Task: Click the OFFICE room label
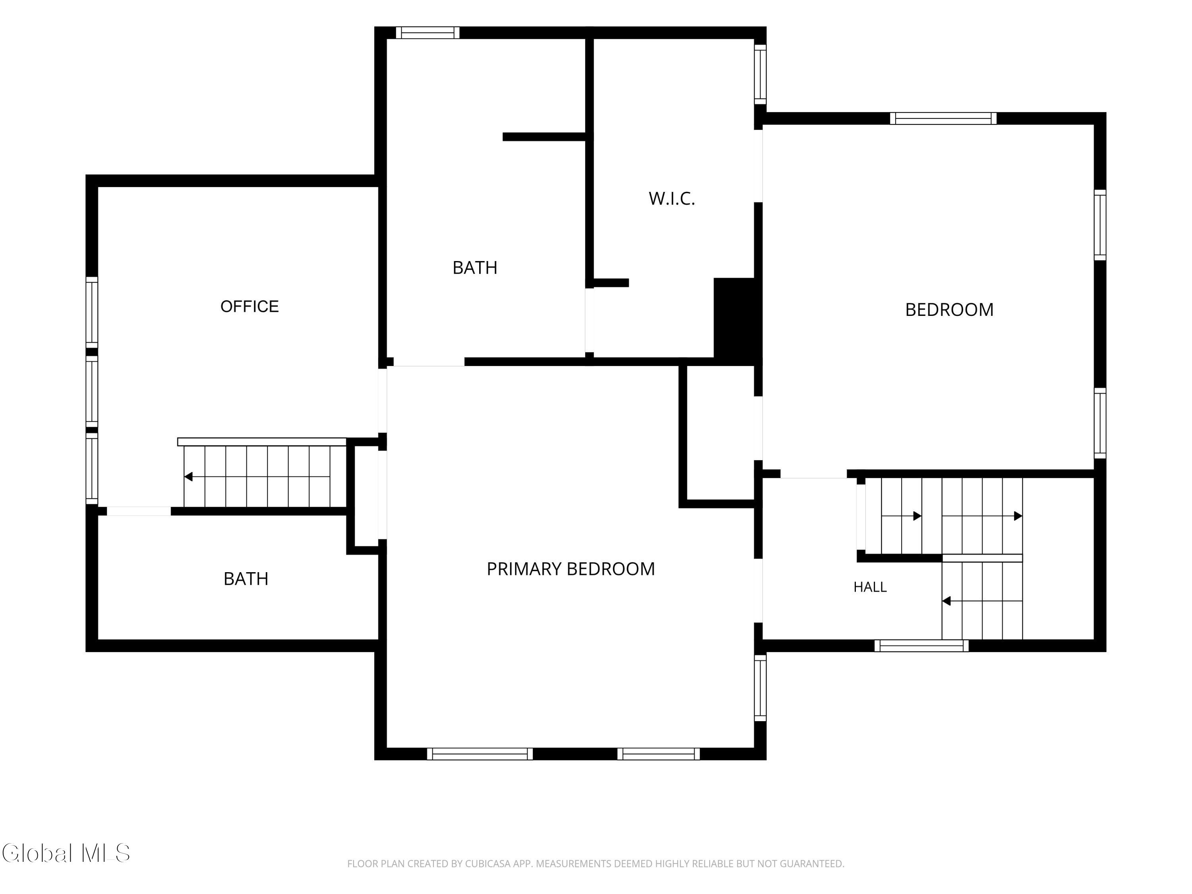pyautogui.click(x=250, y=306)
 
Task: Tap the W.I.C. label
pyautogui.click(x=671, y=199)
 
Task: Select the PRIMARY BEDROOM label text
pyautogui.click(x=571, y=569)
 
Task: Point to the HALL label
pyautogui.click(x=870, y=587)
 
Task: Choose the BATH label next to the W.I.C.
pyautogui.click(x=475, y=268)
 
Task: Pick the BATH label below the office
pyautogui.click(x=246, y=579)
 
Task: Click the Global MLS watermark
pyautogui.click(x=66, y=853)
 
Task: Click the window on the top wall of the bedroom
pyautogui.click(x=943, y=118)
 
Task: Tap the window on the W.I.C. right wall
pyautogui.click(x=760, y=74)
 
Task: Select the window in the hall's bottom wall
pyautogui.click(x=921, y=646)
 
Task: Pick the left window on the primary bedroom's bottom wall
pyautogui.click(x=480, y=754)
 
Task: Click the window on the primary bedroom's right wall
pyautogui.click(x=760, y=688)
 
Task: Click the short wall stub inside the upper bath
pyautogui.click(x=544, y=137)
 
